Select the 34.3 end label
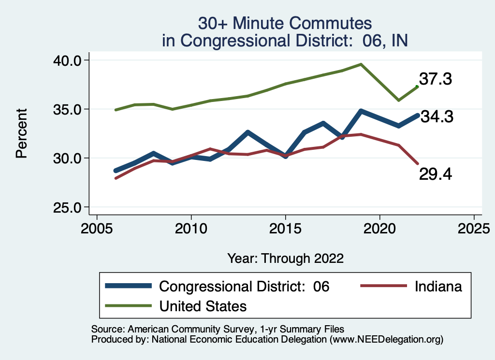pyautogui.click(x=436, y=116)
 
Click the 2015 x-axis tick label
pyautogui.click(x=285, y=227)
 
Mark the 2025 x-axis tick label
pyautogui.click(x=474, y=227)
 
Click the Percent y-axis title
pyautogui.click(x=21, y=134)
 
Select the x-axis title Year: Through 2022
pyautogui.click(x=285, y=259)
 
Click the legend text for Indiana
pyautogui.click(x=438, y=287)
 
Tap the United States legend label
pyautogui.click(x=203, y=306)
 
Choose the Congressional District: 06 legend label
pyautogui.click(x=244, y=287)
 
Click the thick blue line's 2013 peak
pyautogui.click(x=248, y=132)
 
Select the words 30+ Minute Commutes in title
pyautogui.click(x=285, y=23)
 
